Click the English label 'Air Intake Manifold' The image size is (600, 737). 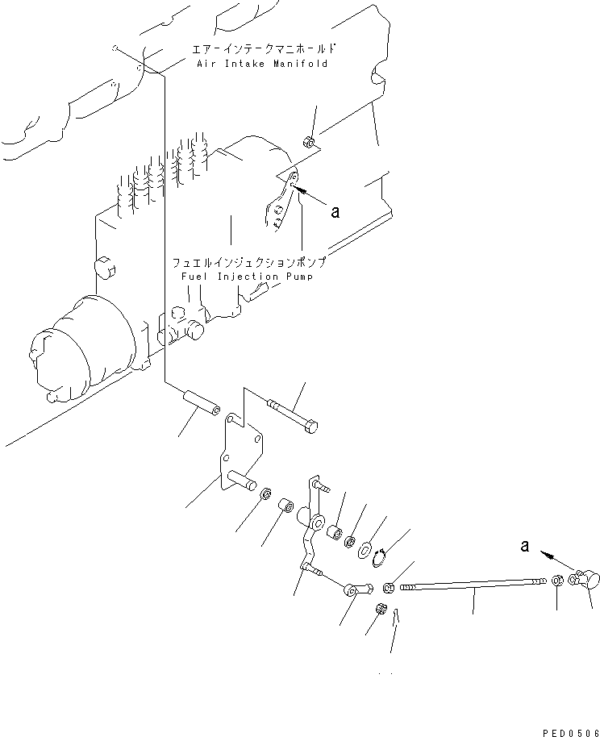(262, 64)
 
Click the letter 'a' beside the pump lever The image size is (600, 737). (335, 212)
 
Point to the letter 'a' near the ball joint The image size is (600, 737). (525, 546)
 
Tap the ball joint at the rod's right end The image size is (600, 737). (585, 579)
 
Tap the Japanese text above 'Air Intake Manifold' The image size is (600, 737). (262, 48)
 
